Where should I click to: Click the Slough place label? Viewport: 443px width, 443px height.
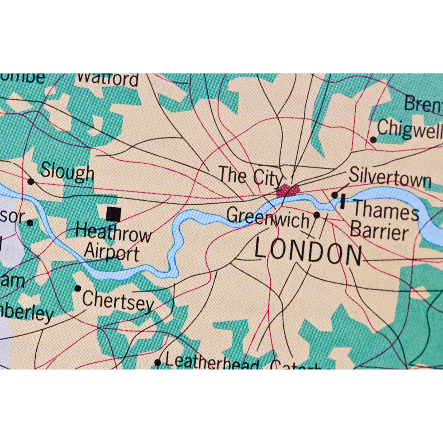67,172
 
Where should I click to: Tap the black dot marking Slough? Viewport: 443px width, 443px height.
31,181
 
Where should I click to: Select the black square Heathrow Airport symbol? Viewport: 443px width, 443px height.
113,214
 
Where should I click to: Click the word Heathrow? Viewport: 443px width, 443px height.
113,233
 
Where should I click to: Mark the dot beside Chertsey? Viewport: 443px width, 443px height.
78,288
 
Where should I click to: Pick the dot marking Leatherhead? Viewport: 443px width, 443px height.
157,362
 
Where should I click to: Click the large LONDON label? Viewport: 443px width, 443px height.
308,254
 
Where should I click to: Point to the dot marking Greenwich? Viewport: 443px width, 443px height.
316,215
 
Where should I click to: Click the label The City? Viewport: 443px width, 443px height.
250,176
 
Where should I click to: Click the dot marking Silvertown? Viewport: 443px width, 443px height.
335,194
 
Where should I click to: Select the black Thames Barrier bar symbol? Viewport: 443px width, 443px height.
342,202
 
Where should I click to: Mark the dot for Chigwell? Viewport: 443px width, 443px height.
373,140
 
